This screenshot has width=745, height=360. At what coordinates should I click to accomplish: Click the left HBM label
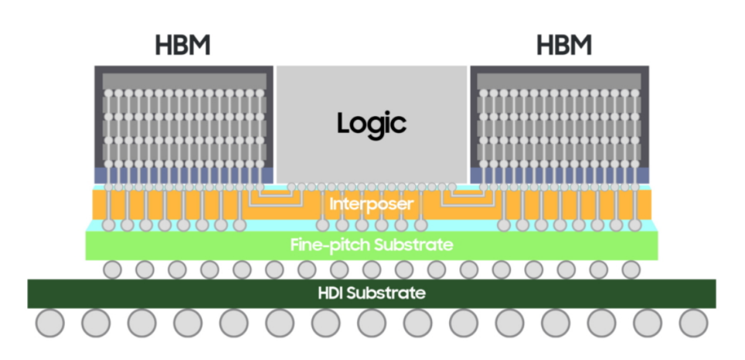coord(182,46)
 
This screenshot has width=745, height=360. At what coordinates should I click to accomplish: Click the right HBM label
coord(564,46)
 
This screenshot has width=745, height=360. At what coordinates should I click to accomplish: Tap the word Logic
coord(372,124)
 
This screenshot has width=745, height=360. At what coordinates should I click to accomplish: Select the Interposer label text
coord(372,204)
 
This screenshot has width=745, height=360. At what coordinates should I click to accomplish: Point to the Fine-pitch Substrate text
coord(372,245)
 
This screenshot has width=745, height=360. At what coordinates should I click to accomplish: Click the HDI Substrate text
coord(372,293)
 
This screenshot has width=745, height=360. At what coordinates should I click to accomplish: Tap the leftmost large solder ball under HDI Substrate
coord(50,323)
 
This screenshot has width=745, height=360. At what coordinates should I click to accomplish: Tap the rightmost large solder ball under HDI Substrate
coord(693,323)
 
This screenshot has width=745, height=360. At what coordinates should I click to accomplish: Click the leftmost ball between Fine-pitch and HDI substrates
coord(112,270)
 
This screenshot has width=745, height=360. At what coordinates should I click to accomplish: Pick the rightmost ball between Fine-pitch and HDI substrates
coord(631,270)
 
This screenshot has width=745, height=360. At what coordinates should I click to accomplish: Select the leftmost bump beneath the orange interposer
coord(109,225)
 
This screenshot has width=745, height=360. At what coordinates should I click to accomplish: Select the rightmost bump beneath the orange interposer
coord(635,225)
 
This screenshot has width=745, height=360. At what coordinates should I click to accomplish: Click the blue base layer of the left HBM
coord(184,175)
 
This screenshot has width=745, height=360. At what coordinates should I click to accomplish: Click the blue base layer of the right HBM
coord(560,175)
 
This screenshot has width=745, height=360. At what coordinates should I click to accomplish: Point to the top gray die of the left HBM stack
coord(185,81)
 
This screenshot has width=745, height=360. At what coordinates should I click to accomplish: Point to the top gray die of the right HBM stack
coord(560,81)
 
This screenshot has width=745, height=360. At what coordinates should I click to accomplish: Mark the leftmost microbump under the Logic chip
coord(291,187)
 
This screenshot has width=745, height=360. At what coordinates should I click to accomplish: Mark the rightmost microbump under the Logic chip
coord(452,187)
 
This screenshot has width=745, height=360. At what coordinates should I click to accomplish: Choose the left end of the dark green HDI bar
coord(28,294)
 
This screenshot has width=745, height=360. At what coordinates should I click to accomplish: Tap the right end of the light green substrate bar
coord(658,246)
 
